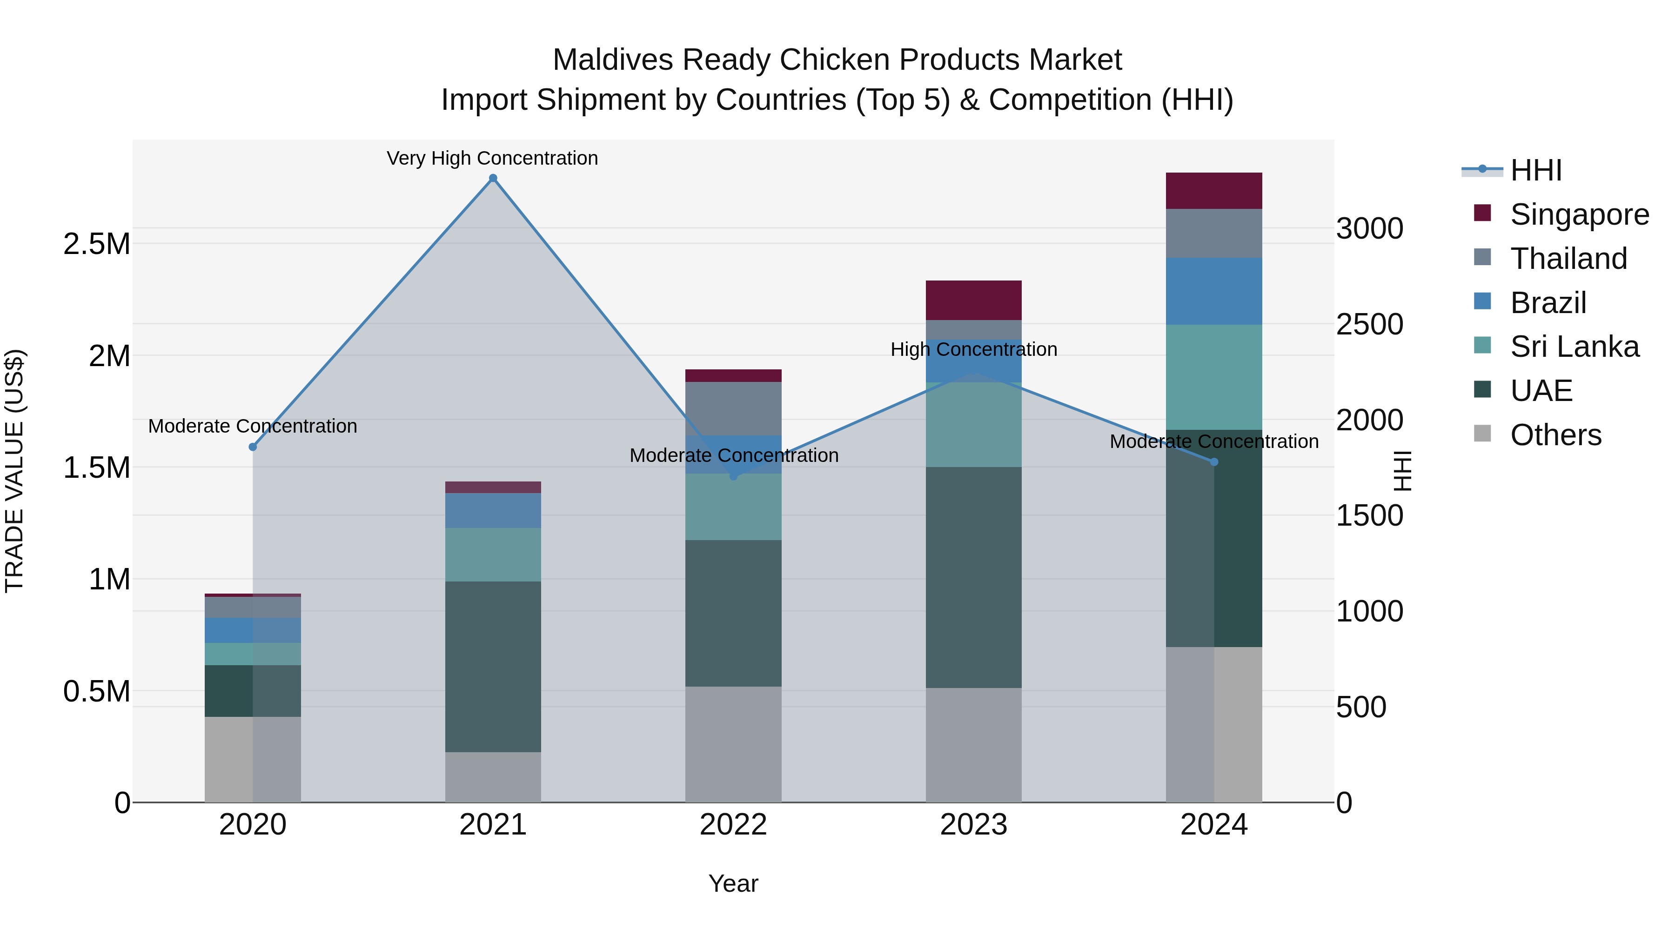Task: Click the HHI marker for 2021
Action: point(493,178)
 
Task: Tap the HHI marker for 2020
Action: point(253,447)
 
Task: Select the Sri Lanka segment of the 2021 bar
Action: point(493,554)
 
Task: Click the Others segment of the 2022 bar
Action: point(733,744)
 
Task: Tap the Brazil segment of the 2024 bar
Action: point(1213,291)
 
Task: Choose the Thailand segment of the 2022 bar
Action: point(733,408)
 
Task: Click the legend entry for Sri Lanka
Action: point(1574,347)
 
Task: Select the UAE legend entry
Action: point(1541,391)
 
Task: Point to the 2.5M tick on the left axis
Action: point(96,244)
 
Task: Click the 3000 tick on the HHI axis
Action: point(1369,228)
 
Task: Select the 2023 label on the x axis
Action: point(973,825)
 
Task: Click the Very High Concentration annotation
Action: point(492,158)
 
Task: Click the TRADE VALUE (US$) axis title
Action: point(14,471)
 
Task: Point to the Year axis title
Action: point(733,883)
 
